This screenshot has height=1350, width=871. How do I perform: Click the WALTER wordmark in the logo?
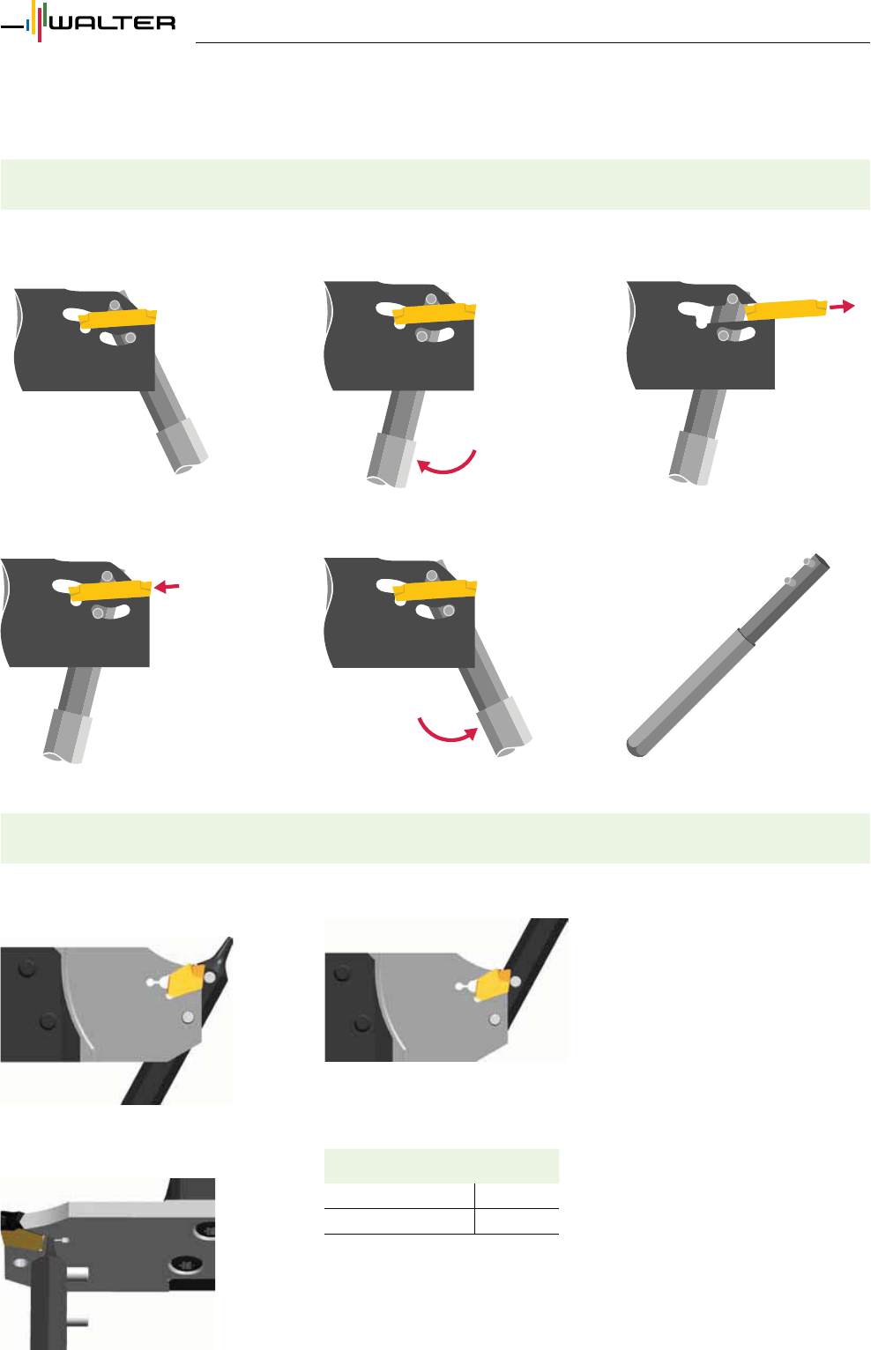coord(113,23)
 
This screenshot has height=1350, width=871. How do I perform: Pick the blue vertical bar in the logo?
coord(27,26)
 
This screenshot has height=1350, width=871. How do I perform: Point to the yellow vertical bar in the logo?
coord(33,19)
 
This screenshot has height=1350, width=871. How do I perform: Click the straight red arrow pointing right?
coord(841,306)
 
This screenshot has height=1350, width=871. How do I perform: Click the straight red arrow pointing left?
coord(167,586)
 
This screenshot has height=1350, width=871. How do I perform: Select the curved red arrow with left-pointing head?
coord(447,464)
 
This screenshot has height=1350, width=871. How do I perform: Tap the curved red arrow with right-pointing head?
coord(448,731)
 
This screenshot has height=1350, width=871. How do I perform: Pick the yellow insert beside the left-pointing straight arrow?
coord(109,590)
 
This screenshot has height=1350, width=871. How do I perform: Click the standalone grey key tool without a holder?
coord(727,655)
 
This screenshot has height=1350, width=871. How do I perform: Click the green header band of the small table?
coord(441,1166)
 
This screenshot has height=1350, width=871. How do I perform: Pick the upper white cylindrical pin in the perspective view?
coord(78,1272)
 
